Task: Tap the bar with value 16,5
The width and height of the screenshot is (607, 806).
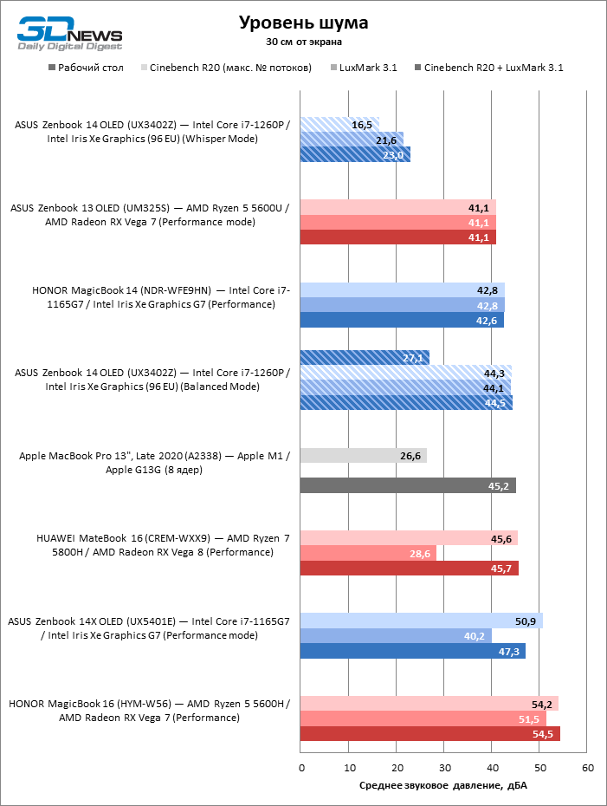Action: tap(339, 125)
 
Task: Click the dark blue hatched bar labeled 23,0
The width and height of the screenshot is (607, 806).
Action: tap(355, 155)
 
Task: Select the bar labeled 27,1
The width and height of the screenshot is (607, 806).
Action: tap(365, 357)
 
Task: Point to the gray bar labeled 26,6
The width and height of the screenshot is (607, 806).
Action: tap(363, 456)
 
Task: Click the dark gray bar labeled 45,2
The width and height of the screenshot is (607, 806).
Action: tap(408, 486)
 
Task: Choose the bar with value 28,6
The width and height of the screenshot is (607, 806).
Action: tap(368, 553)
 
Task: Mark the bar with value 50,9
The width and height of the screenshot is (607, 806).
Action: tap(422, 621)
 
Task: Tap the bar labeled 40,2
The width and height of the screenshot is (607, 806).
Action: tap(396, 636)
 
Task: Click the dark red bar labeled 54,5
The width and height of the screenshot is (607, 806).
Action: tap(430, 734)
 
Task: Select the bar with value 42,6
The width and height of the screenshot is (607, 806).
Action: tap(402, 321)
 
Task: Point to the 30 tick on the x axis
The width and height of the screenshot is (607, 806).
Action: tap(444, 768)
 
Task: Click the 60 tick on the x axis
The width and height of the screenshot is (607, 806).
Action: tap(587, 768)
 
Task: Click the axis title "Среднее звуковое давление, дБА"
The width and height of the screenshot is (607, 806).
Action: tap(443, 786)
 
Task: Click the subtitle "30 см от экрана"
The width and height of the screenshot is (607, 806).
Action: tap(303, 42)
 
